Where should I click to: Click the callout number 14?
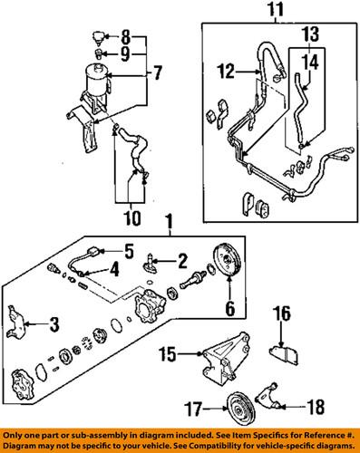(x=310, y=63)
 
